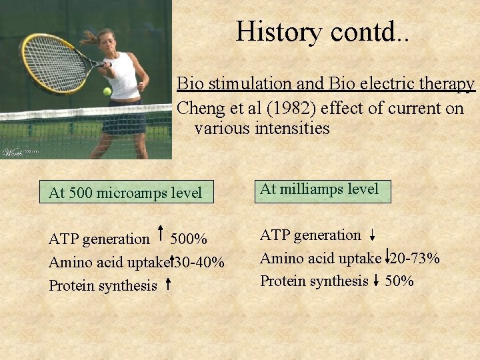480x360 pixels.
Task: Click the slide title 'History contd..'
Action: pos(323,31)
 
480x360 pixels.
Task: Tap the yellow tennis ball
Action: pos(107,91)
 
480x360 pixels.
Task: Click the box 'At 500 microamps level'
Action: pos(125,193)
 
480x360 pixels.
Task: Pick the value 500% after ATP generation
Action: pos(189,239)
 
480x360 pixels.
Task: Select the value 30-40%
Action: pos(199,262)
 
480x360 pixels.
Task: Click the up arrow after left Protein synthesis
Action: pos(167,285)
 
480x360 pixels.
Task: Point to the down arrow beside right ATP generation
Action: pos(372,235)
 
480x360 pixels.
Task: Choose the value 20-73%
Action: pos(415,258)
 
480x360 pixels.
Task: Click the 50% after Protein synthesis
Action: pos(399,281)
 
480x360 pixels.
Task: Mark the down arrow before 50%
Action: pos(377,281)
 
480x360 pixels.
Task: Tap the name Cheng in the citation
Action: pos(199,108)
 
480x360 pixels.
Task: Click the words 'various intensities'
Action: pos(262,127)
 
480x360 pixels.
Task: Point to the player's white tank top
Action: pos(123,77)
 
